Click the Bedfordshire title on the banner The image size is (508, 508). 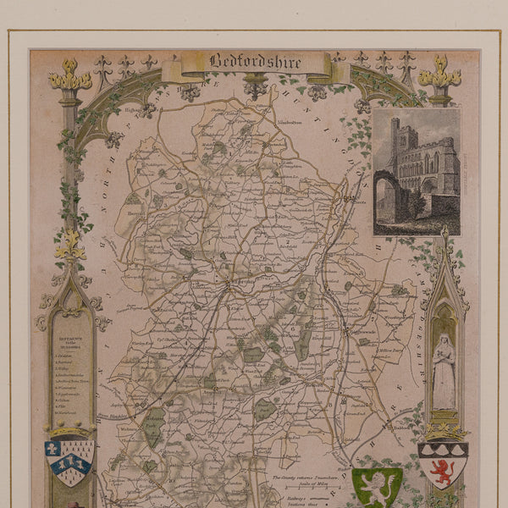point(246,62)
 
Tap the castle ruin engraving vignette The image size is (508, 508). point(416,171)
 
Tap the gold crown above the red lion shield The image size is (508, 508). point(443,432)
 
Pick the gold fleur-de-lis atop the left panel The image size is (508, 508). point(70,246)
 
